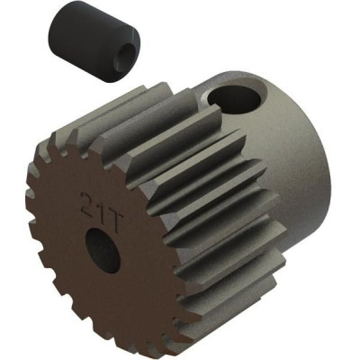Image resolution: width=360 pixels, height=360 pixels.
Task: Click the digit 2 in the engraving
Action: tap(88, 202)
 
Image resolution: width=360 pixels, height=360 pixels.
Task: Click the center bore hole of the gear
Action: tap(103, 251)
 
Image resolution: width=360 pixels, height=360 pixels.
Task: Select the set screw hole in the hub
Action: tap(234, 98)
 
